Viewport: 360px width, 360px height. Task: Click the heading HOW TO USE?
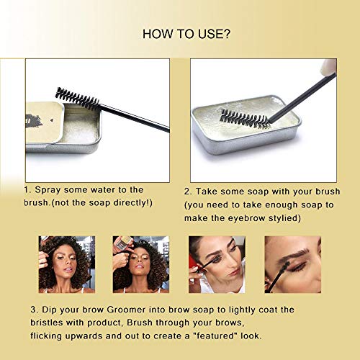pos(179,33)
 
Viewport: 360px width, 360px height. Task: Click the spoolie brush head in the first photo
pos(77,97)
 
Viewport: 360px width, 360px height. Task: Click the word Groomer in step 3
pos(143,310)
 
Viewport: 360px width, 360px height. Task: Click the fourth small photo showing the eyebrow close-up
pos(292,264)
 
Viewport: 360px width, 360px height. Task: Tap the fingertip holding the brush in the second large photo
pos(328,67)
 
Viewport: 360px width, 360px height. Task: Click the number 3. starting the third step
pos(35,310)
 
